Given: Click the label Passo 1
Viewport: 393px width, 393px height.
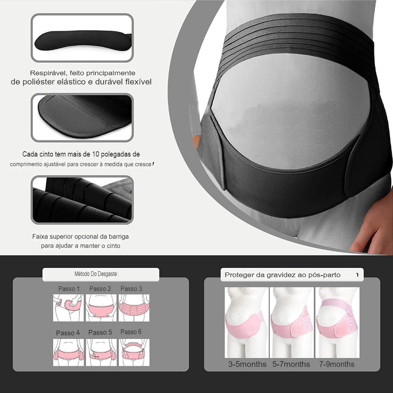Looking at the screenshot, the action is tap(69, 288).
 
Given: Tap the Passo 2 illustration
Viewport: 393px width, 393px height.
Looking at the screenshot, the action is tap(101, 308).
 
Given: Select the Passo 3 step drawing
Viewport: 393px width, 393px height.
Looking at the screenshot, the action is tap(134, 308).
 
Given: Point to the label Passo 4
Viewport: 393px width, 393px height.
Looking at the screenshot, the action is tap(68, 333).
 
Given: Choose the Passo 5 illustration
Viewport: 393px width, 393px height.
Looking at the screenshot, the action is tap(101, 352).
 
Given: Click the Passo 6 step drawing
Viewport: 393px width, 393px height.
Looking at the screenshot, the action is tap(134, 352).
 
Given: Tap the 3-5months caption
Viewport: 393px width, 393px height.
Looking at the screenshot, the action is tap(247, 364).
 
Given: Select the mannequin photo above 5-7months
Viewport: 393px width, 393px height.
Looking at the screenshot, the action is tap(292, 322).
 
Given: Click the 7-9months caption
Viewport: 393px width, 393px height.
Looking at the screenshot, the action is tap(337, 364).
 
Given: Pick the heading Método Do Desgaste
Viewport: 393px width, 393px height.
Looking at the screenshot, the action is tap(96, 274).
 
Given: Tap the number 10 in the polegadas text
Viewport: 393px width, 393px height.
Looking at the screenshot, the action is tap(96, 154).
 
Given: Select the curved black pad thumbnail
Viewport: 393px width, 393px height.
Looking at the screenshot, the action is tap(82, 38).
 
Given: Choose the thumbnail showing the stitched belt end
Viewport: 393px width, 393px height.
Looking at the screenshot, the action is tap(82, 118).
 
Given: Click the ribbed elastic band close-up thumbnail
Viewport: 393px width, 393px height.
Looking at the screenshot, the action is tap(82, 200).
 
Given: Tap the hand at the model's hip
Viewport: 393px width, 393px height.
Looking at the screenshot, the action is tap(374, 226).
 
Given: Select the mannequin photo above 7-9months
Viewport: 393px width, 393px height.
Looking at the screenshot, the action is tap(337, 322).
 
